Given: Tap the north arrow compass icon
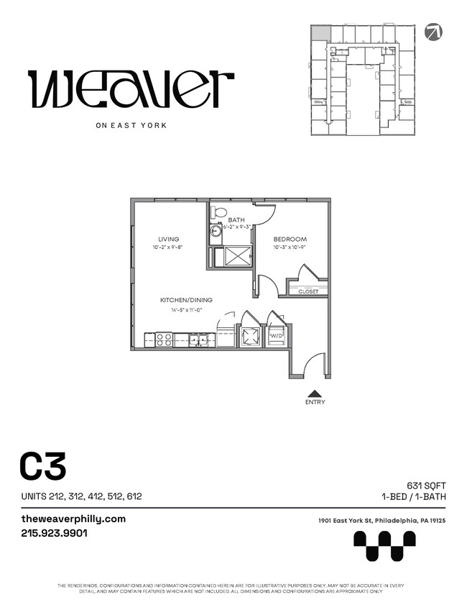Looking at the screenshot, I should click(x=434, y=32).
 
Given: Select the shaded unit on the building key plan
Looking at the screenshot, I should click(x=320, y=33).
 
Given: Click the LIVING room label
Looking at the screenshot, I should click(x=169, y=240).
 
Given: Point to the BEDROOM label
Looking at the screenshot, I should click(x=290, y=240).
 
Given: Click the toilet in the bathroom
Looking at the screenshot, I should click(x=218, y=213).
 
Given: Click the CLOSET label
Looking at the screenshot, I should click(x=308, y=291).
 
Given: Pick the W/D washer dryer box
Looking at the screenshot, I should click(x=276, y=336).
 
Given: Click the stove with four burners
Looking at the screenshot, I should click(x=164, y=338).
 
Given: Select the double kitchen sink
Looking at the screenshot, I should click(x=199, y=339).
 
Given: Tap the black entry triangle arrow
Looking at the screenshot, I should click(x=315, y=393).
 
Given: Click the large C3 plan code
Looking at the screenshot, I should click(x=43, y=467).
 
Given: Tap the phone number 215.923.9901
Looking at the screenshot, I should click(x=55, y=534).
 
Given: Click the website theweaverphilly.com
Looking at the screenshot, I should click(x=74, y=519).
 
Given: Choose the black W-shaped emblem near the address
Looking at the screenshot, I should click(x=384, y=545).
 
